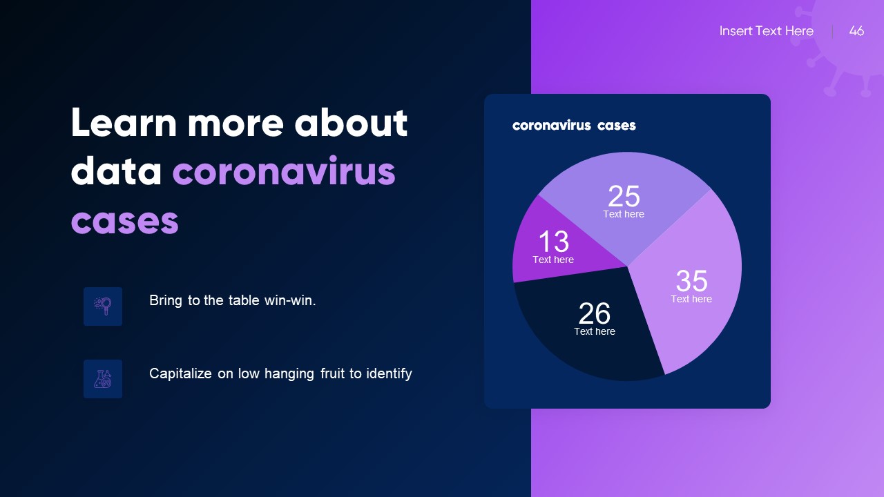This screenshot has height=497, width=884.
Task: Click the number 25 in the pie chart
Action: (x=624, y=197)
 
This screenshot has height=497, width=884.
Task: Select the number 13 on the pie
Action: (x=553, y=242)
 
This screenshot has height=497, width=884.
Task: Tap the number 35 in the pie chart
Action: (x=691, y=281)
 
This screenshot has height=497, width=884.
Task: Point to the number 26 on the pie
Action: (x=594, y=314)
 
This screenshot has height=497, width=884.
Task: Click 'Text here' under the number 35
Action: (x=691, y=299)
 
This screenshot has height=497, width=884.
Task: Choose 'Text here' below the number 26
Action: (x=595, y=331)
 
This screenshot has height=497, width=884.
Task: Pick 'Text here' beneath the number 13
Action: (x=553, y=260)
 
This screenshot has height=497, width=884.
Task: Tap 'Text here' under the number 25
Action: (x=624, y=214)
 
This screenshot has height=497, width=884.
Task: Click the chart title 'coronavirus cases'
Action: (x=574, y=125)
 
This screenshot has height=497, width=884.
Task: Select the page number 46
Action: (x=856, y=31)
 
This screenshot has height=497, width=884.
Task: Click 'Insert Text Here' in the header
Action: (x=766, y=31)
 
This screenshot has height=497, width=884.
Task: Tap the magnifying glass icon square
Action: (x=103, y=306)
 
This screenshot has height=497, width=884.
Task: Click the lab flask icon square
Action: (x=103, y=379)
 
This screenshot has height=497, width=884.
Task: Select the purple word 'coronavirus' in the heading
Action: (x=284, y=172)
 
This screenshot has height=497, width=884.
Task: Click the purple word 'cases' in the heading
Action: (x=125, y=221)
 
